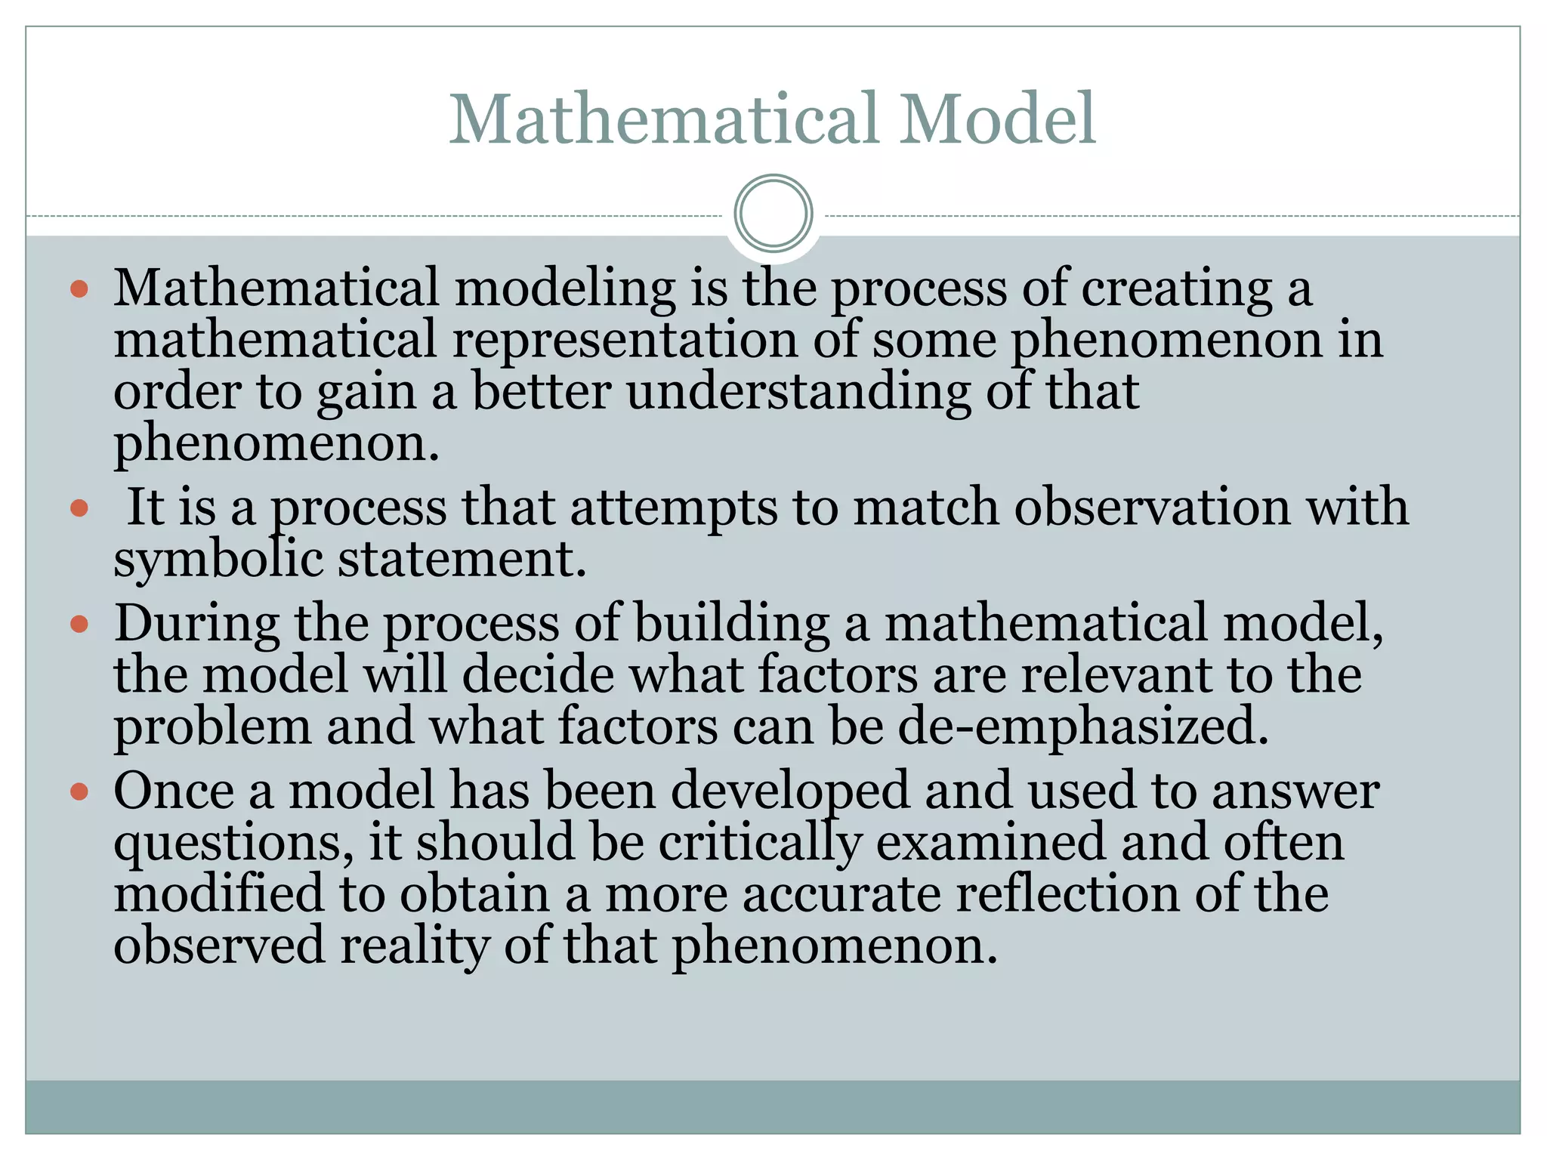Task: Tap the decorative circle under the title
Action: coord(773,213)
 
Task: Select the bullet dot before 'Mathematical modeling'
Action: coord(79,288)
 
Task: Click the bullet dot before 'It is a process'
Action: coord(79,507)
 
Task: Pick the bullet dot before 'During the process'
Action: coord(79,625)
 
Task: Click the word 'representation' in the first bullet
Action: coord(625,340)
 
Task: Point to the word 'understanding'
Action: coord(798,393)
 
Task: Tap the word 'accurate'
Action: coord(841,894)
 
